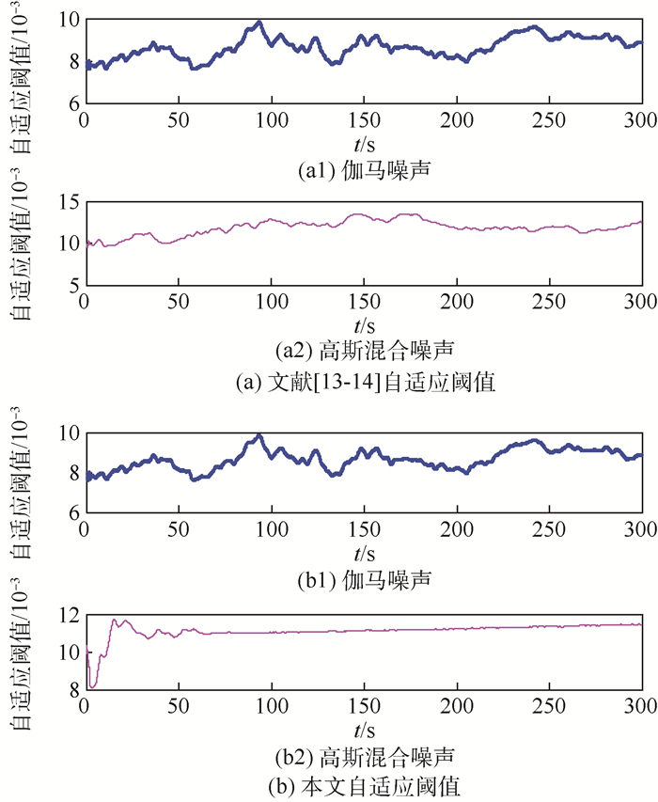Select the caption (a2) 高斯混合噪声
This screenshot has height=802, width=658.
362,352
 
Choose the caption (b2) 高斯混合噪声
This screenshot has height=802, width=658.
362,755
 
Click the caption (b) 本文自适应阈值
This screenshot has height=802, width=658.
362,784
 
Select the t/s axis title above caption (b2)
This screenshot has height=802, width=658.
362,729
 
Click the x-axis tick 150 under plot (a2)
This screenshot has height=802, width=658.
362,303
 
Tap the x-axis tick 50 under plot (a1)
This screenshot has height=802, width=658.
177,120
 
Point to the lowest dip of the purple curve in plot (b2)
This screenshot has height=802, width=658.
92,686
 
